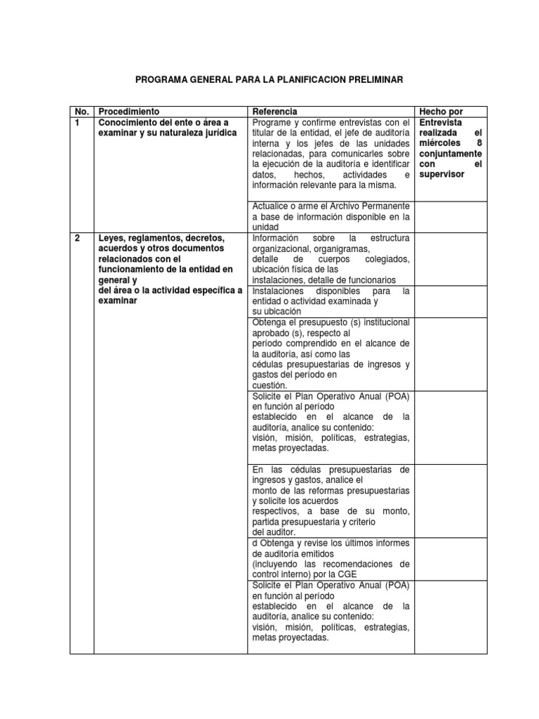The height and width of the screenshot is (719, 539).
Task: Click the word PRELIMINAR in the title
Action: (376, 80)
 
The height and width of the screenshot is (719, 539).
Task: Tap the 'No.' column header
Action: (81, 112)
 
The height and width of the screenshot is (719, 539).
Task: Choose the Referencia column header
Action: (274, 112)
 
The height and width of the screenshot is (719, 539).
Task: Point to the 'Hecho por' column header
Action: (441, 112)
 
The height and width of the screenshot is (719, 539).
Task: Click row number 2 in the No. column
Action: (76, 239)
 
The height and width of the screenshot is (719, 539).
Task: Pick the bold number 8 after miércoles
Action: (479, 143)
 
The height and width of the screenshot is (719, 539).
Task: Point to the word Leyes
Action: (112, 239)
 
